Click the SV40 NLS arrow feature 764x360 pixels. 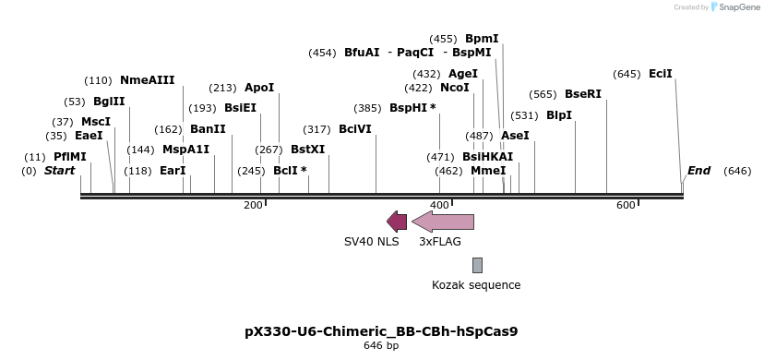pos(397,221)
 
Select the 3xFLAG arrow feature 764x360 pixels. pos(443,221)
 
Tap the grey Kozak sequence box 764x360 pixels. pos(477,265)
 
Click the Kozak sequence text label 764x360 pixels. pos(476,285)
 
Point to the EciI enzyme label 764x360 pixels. pos(661,74)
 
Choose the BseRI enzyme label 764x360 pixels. pos(582,94)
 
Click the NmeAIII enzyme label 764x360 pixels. pos(147,80)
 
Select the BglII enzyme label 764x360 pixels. pos(109,102)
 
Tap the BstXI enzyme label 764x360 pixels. pos(308,149)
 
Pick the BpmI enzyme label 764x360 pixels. pos(482,39)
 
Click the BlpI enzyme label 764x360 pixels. pos(559,115)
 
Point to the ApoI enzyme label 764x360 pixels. pos(259,88)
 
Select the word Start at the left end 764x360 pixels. pos(60,171)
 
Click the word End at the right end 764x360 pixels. pos(698,171)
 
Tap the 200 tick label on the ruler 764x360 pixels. pos(253,205)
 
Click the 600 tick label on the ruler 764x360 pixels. pos(626,205)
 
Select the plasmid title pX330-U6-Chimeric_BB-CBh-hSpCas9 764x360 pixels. pos(381,330)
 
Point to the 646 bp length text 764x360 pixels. pos(381,345)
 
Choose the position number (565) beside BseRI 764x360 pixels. pos(543,94)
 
